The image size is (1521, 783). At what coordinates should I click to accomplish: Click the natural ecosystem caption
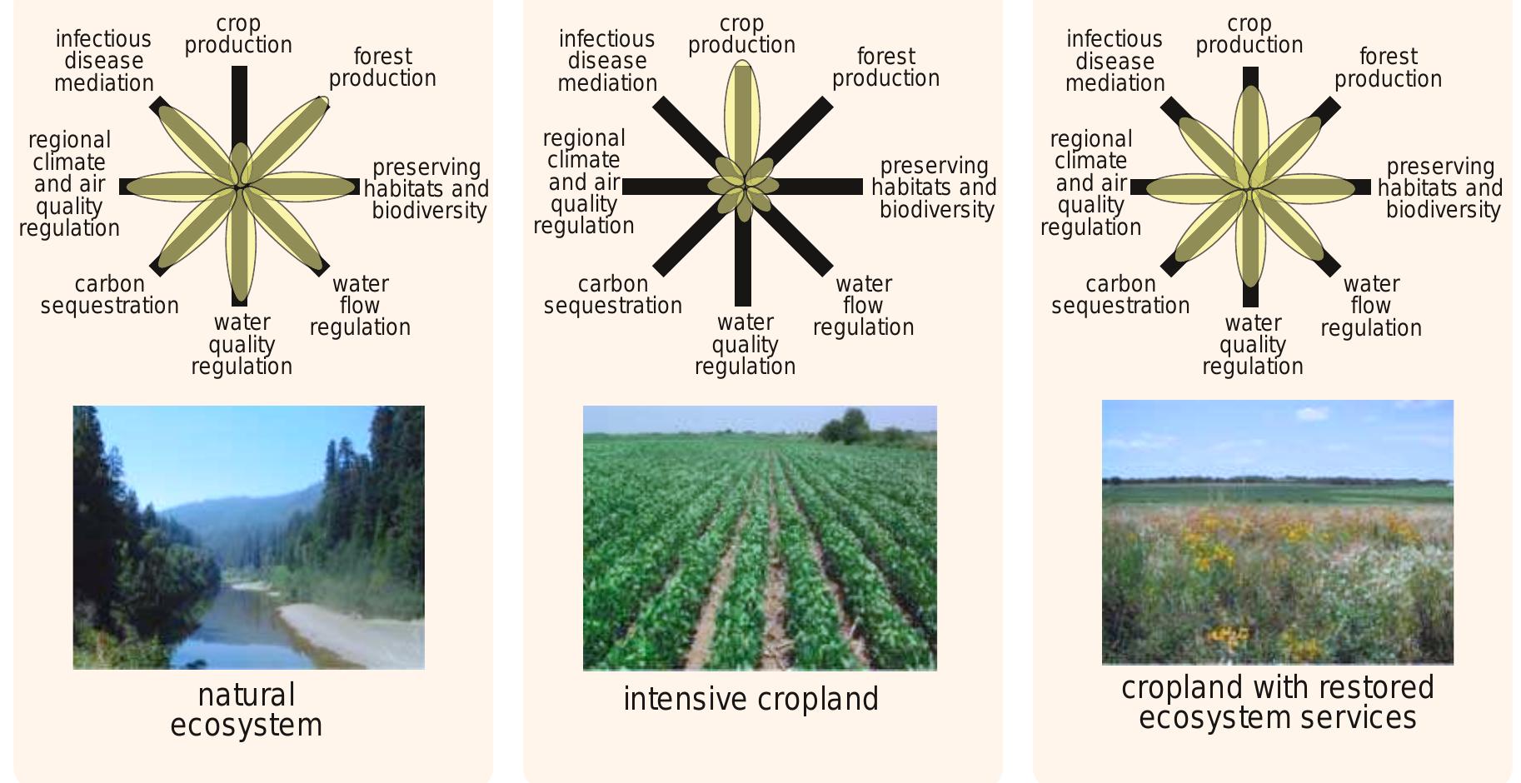pyautogui.click(x=247, y=710)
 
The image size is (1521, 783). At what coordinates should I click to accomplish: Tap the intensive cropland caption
pyautogui.click(x=751, y=699)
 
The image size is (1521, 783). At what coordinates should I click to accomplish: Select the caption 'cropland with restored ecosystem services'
pyautogui.click(x=1277, y=702)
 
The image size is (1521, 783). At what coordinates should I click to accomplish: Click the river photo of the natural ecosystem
pyautogui.click(x=248, y=537)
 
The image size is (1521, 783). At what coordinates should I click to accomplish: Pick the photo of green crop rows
pyautogui.click(x=760, y=538)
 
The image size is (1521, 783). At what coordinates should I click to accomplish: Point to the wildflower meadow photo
pyautogui.click(x=1277, y=532)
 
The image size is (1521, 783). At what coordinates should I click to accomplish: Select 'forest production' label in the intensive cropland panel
pyautogui.click(x=885, y=67)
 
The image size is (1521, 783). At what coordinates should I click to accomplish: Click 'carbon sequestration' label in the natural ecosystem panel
pyautogui.click(x=110, y=295)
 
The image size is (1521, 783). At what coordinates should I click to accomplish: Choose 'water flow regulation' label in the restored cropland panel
pyautogui.click(x=1371, y=306)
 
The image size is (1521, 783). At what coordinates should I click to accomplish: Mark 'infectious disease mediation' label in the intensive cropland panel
pyautogui.click(x=607, y=61)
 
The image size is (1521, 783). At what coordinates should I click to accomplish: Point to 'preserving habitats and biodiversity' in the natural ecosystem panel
pyautogui.click(x=426, y=189)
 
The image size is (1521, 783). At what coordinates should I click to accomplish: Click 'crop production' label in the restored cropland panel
pyautogui.click(x=1249, y=34)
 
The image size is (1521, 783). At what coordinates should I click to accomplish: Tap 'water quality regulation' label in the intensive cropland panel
pyautogui.click(x=745, y=344)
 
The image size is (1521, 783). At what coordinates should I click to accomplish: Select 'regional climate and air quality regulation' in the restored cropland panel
pyautogui.click(x=1090, y=183)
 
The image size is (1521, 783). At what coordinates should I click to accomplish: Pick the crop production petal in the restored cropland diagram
pyautogui.click(x=1250, y=133)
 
